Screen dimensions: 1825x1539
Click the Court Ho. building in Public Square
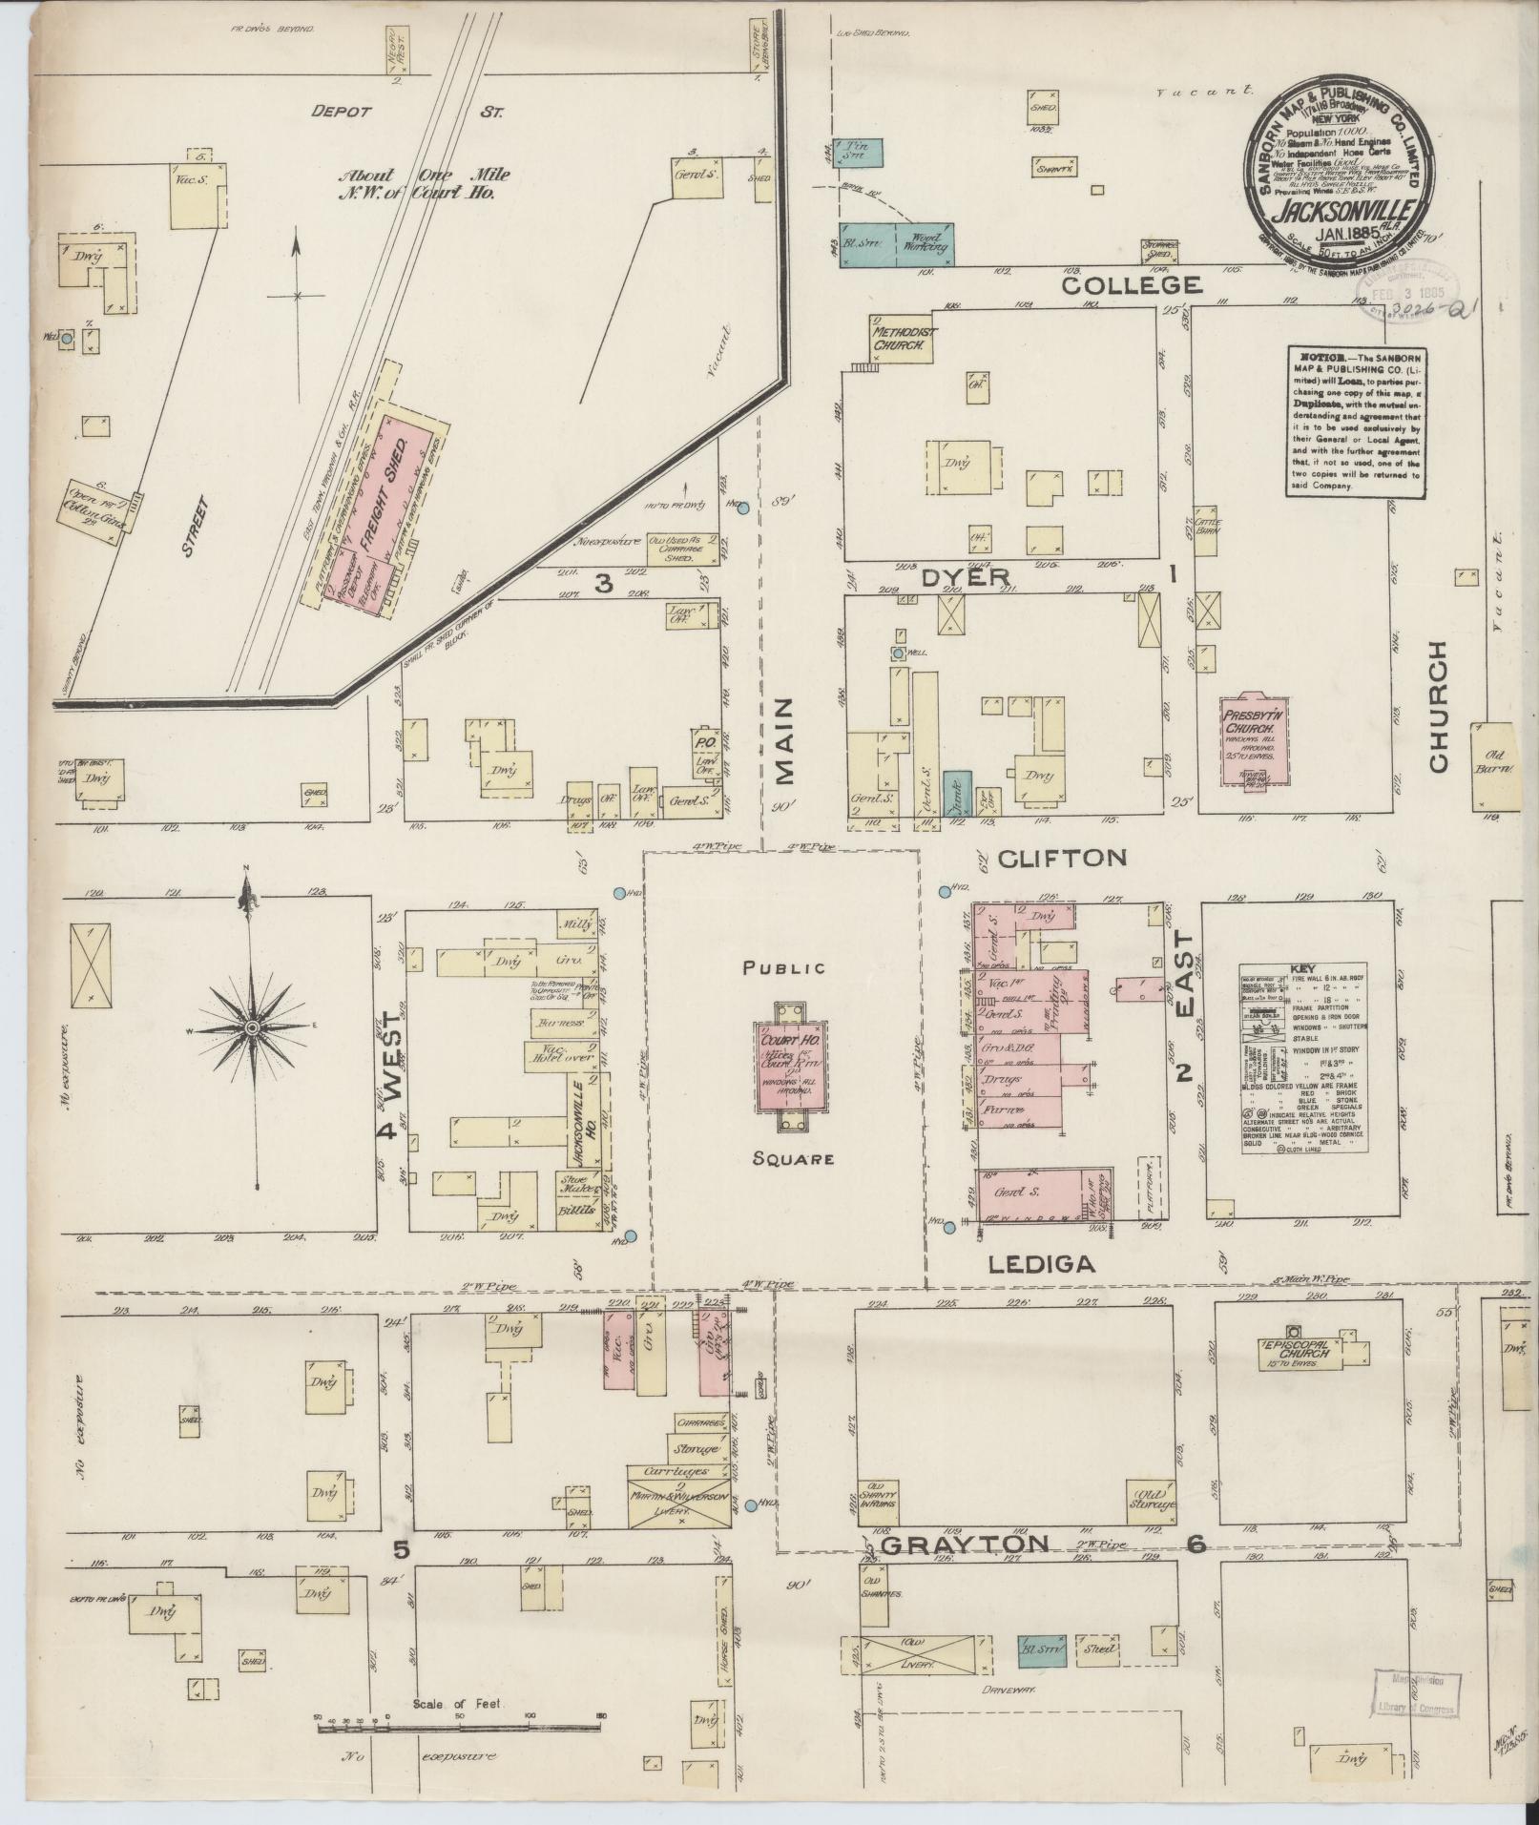[791, 1067]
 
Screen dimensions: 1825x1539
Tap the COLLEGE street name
[1131, 285]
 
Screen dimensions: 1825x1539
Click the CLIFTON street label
[1062, 858]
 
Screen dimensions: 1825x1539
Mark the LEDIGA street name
[1040, 1264]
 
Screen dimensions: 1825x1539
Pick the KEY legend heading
[1301, 967]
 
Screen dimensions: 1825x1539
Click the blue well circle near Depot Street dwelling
[68, 338]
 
